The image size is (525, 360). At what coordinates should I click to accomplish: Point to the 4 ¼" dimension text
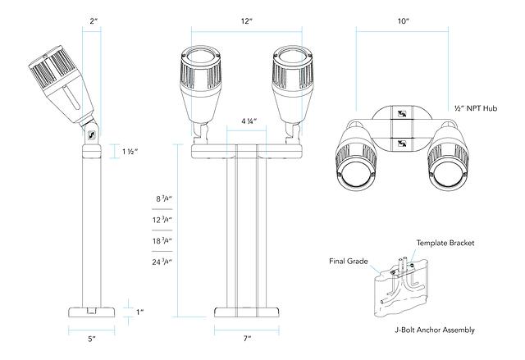[249, 121]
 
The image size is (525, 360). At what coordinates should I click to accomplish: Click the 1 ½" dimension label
[130, 152]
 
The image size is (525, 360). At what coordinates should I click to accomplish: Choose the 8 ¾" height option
[163, 198]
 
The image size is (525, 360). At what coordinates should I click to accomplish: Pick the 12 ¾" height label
[163, 220]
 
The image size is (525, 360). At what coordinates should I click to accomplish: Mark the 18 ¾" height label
[163, 241]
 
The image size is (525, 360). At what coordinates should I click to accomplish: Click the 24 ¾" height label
[163, 262]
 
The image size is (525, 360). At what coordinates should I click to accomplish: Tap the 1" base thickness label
[140, 312]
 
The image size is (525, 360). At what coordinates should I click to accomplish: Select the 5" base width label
[92, 338]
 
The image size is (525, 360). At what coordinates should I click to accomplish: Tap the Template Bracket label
[445, 244]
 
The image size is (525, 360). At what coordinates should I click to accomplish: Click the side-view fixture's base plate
[92, 312]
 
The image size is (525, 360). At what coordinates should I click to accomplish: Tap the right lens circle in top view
[448, 174]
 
